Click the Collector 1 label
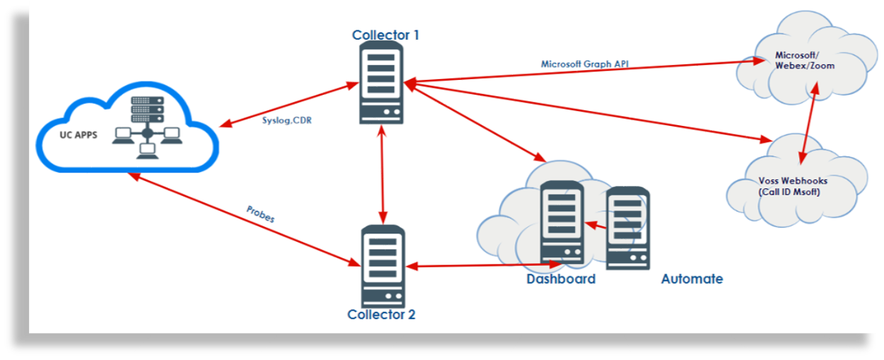click(x=382, y=35)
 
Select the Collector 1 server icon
click(x=382, y=81)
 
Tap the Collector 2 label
click(x=381, y=314)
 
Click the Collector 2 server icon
click(x=383, y=265)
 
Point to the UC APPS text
click(x=78, y=134)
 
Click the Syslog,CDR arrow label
click(x=286, y=120)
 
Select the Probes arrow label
click(x=260, y=214)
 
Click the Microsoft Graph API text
click(x=585, y=64)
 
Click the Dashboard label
click(x=561, y=279)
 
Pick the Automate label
click(x=692, y=279)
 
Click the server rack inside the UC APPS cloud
click(x=147, y=110)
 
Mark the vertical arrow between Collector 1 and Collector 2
click(x=383, y=173)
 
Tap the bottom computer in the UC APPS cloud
click(x=147, y=151)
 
